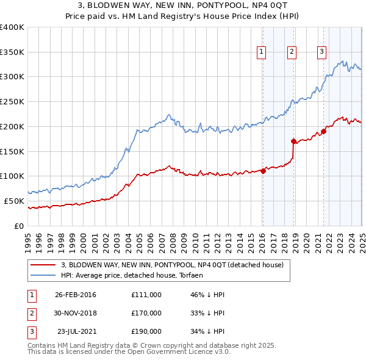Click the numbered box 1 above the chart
[261, 52]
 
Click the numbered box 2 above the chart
[292, 52]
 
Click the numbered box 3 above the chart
[321, 52]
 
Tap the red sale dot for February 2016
[263, 171]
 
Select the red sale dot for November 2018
[293, 142]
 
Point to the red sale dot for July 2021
[323, 132]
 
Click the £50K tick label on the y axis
[15, 201]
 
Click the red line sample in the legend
[43, 265]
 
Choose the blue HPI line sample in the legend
[43, 276]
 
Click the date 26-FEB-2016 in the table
[75, 295]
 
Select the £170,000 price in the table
[146, 313]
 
